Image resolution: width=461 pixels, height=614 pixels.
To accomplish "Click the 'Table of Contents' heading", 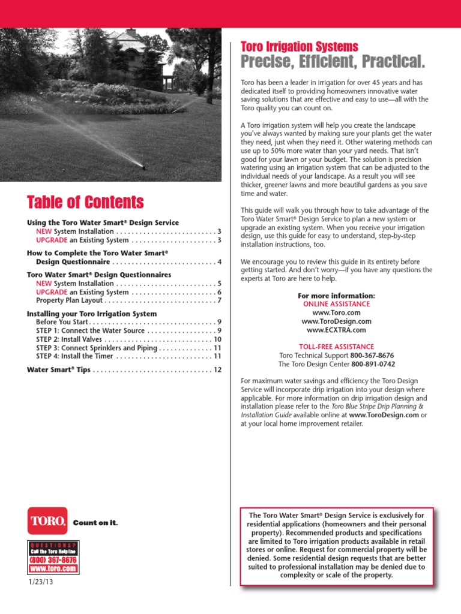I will pos(85,201).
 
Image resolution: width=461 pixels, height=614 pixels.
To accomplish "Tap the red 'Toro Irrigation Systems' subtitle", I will pos(299,47).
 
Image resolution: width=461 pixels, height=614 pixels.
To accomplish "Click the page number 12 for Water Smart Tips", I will pos(218,370).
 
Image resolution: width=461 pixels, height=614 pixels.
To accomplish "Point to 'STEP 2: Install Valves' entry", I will pos(69,339).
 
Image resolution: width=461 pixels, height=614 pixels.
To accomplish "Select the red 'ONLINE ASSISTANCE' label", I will pos(336,305).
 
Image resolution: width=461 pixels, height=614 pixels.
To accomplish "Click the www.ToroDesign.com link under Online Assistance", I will pos(336,321).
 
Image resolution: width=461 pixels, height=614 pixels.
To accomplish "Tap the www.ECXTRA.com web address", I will pos(336,330).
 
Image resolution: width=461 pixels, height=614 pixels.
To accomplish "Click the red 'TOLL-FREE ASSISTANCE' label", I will pos(336,347).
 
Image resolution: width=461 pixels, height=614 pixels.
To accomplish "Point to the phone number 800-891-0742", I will pos(373,364).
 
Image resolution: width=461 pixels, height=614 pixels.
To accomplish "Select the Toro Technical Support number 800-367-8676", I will pos(372,356).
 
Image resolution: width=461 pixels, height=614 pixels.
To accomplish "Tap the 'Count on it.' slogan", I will pos(95,523).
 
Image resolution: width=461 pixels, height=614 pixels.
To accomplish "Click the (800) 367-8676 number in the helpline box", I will pos(53,559).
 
